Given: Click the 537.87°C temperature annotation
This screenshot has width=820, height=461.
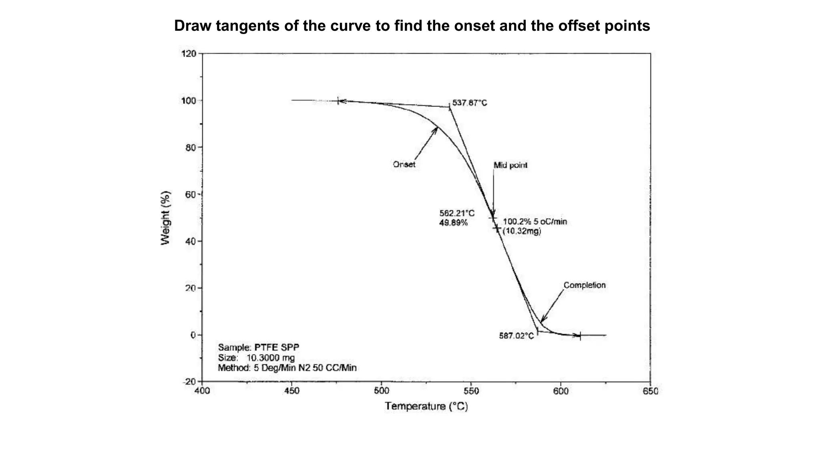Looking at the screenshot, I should (470, 103).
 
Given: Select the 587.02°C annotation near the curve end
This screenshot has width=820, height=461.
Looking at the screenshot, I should (516, 336).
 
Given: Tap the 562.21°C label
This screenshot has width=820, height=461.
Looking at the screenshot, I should (457, 213).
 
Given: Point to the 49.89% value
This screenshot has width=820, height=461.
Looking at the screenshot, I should (453, 223).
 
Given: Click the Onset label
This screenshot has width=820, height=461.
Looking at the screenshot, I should (404, 164).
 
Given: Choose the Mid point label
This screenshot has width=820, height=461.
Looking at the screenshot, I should (510, 165).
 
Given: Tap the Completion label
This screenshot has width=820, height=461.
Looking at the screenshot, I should (585, 285).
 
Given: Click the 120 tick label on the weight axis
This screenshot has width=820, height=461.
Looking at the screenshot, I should (189, 54).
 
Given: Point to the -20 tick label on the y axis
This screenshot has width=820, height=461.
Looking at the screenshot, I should (190, 382).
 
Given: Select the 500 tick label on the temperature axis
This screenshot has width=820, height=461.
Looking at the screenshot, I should (381, 391).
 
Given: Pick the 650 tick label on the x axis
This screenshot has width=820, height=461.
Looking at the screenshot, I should (650, 391).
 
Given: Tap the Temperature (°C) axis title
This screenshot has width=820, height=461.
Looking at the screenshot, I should (426, 407).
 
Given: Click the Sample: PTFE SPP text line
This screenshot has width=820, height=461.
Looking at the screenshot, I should (259, 347).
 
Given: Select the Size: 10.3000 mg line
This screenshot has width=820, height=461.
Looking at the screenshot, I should (256, 358).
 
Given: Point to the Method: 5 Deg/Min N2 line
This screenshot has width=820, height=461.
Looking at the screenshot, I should (287, 368).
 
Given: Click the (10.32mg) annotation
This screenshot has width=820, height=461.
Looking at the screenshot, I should (522, 231).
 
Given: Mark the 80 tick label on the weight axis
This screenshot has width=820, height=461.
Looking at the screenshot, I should (191, 148).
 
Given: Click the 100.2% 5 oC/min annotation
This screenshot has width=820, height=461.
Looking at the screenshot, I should (535, 222).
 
